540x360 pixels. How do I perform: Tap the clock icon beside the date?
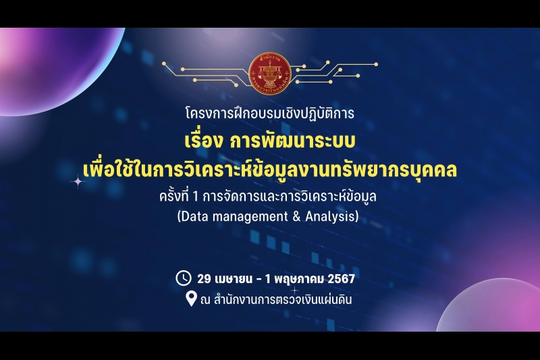pyautogui.click(x=183, y=278)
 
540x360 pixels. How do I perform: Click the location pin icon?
pyautogui.click(x=191, y=298)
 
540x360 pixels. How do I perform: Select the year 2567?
pyautogui.click(x=340, y=278)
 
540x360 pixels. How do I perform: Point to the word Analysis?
pyautogui.click(x=331, y=217)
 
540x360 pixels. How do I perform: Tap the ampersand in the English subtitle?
pyautogui.click(x=296, y=217)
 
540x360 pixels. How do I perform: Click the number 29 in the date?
pyautogui.click(x=205, y=278)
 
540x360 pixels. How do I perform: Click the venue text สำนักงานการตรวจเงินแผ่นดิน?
pyautogui.click(x=281, y=299)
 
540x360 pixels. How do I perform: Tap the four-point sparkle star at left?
pyautogui.click(x=78, y=181)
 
